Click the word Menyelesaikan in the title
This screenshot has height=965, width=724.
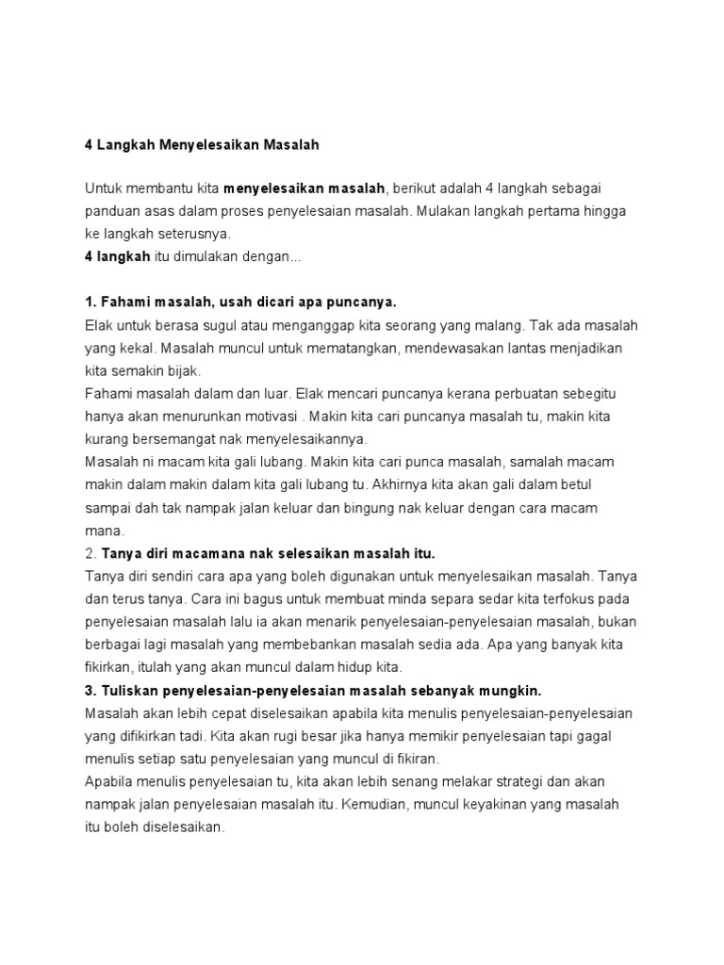pos(204,145)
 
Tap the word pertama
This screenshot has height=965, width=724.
pos(538,211)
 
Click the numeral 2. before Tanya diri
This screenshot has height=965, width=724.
pos(90,552)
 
